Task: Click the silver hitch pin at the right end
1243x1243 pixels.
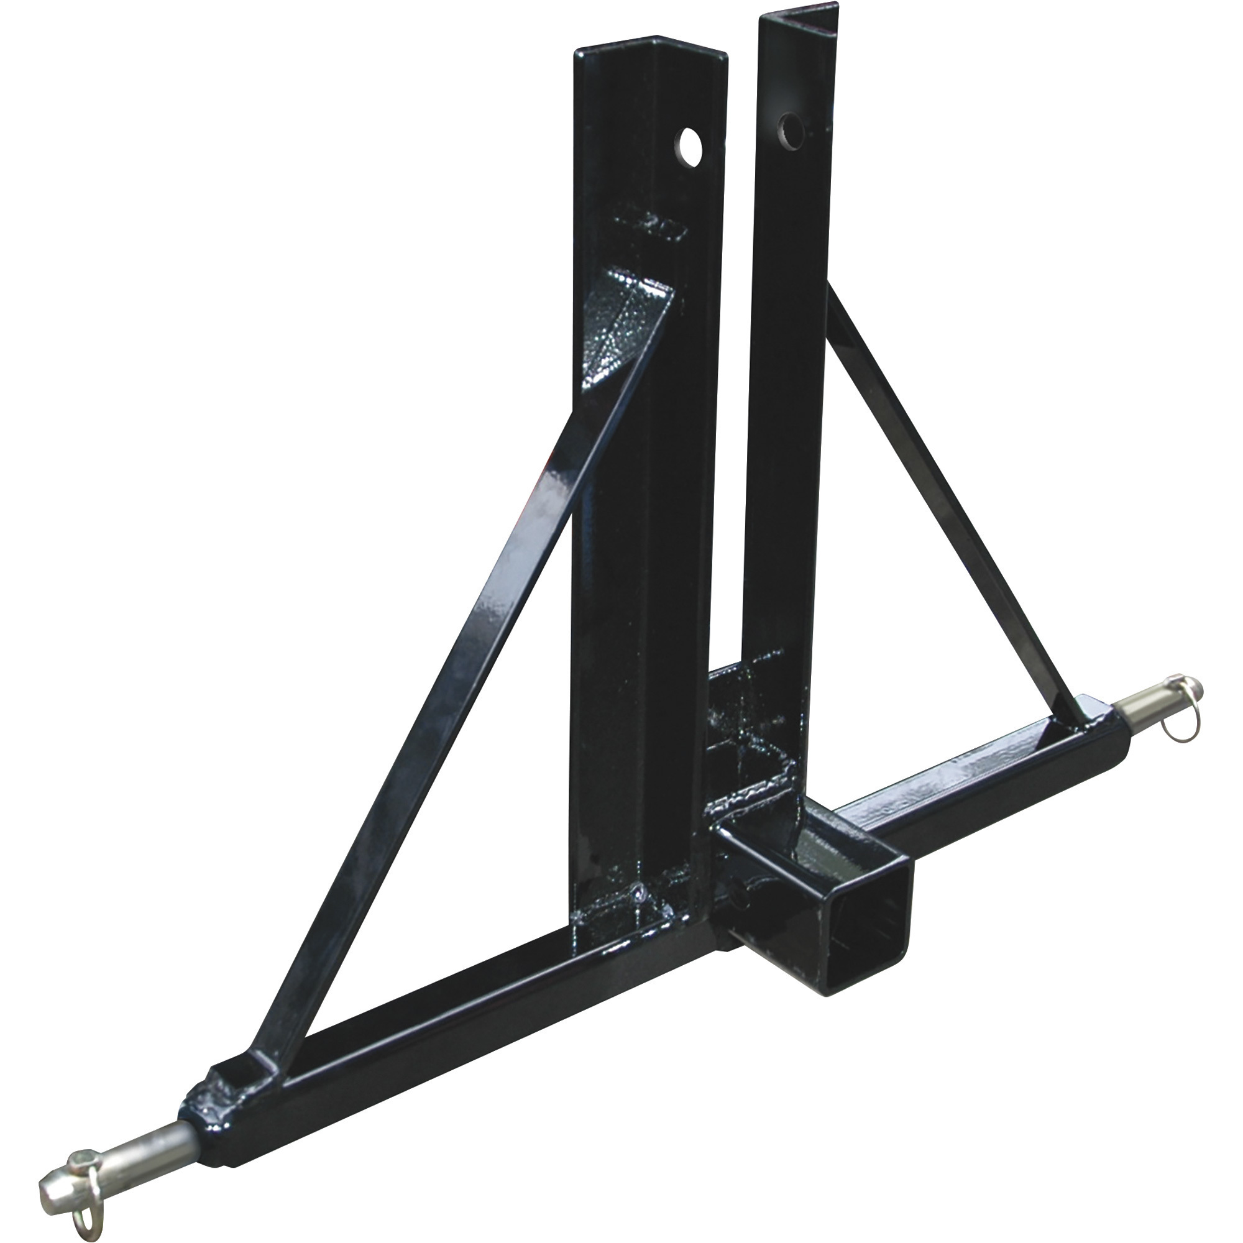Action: pos(1152,708)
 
